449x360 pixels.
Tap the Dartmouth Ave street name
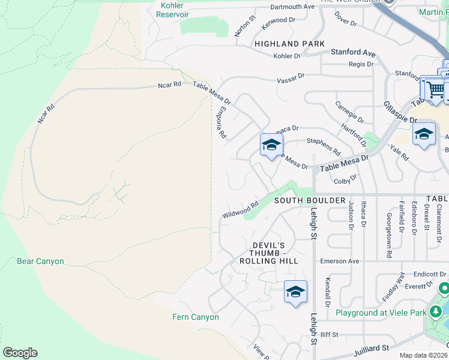click(x=292, y=7)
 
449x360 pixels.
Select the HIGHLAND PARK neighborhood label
click(x=289, y=44)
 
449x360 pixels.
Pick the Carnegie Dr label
click(x=349, y=112)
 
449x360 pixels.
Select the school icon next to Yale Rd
click(x=424, y=134)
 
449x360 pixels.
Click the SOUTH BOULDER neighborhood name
click(x=310, y=200)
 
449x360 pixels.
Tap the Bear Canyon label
click(x=40, y=262)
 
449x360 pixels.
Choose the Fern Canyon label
click(x=196, y=317)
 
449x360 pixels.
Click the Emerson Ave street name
click(x=339, y=262)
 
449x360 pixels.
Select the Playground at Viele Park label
click(x=381, y=313)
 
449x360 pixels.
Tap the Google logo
click(x=20, y=352)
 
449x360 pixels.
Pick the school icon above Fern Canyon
click(x=295, y=292)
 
